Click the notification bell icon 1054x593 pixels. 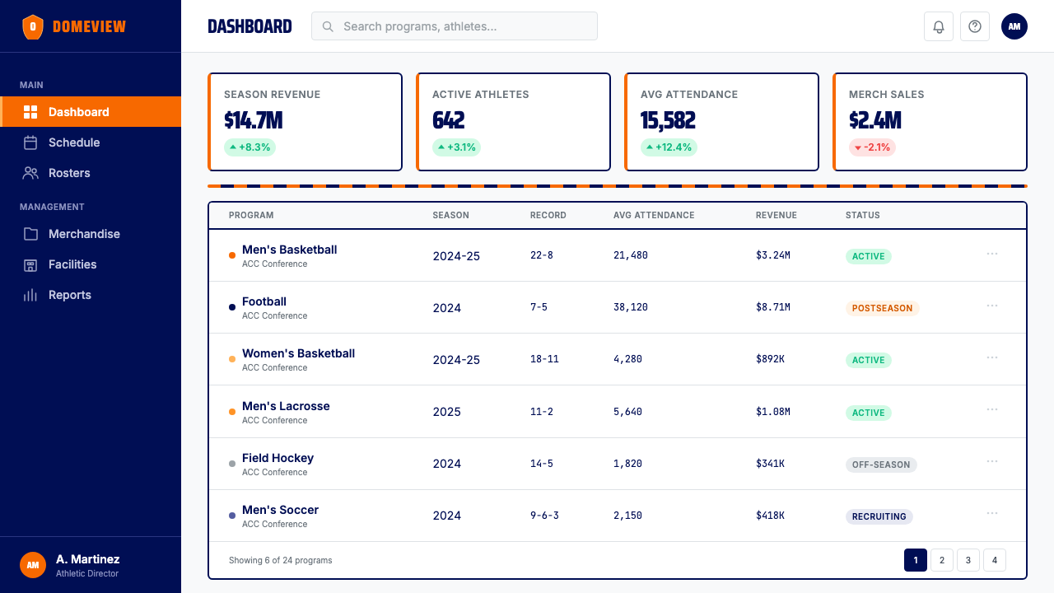coord(938,26)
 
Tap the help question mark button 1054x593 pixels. coord(974,26)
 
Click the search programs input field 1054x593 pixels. coord(454,26)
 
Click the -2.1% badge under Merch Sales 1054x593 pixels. coord(872,147)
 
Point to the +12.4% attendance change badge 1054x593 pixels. coord(669,147)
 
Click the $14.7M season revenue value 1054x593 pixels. coord(253,120)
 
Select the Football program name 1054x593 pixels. coord(264,301)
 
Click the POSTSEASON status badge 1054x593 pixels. coord(882,308)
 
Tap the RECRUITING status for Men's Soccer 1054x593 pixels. coord(879,516)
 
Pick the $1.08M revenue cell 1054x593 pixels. coord(773,412)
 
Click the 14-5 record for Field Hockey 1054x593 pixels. coord(542,464)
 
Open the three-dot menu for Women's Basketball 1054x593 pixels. coord(992,357)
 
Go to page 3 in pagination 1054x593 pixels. coord(968,560)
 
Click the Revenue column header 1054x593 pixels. coord(777,215)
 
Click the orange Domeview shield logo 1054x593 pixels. coord(33,27)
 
